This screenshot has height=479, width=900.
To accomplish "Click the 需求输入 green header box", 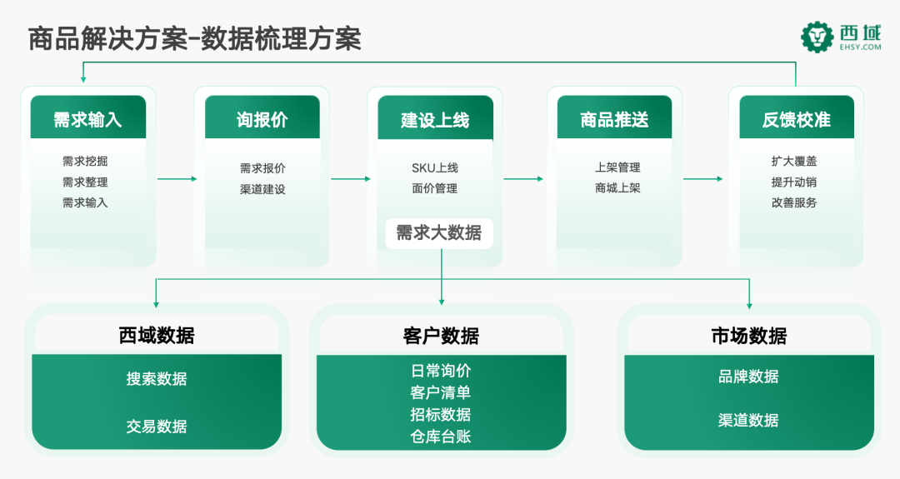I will click(88, 117).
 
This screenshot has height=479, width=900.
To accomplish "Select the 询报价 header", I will click(262, 117).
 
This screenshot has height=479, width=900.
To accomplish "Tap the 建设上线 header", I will click(435, 117).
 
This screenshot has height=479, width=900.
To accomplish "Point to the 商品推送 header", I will click(614, 117).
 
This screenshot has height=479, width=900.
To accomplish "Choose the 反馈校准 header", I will click(796, 117).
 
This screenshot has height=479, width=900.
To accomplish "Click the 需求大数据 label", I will click(439, 232).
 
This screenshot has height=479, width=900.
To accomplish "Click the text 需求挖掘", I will click(85, 162).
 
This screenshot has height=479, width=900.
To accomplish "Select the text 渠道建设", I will click(262, 189).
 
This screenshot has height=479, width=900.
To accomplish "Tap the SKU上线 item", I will click(434, 167).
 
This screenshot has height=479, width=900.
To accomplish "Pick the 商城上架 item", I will click(617, 188).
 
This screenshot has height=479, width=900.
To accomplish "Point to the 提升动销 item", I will click(794, 182).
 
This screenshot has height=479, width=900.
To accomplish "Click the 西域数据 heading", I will click(157, 335).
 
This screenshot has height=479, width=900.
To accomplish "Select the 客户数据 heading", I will click(441, 335).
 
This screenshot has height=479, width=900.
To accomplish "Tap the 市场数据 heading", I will click(748, 335).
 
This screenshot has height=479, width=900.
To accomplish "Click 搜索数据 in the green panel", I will click(157, 379).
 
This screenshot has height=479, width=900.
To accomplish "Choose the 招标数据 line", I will click(441, 415).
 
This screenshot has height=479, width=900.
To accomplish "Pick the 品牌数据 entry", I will click(748, 377).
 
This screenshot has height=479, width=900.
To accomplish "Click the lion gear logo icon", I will click(817, 37).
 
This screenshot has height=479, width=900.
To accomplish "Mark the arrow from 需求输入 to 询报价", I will click(177, 178).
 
